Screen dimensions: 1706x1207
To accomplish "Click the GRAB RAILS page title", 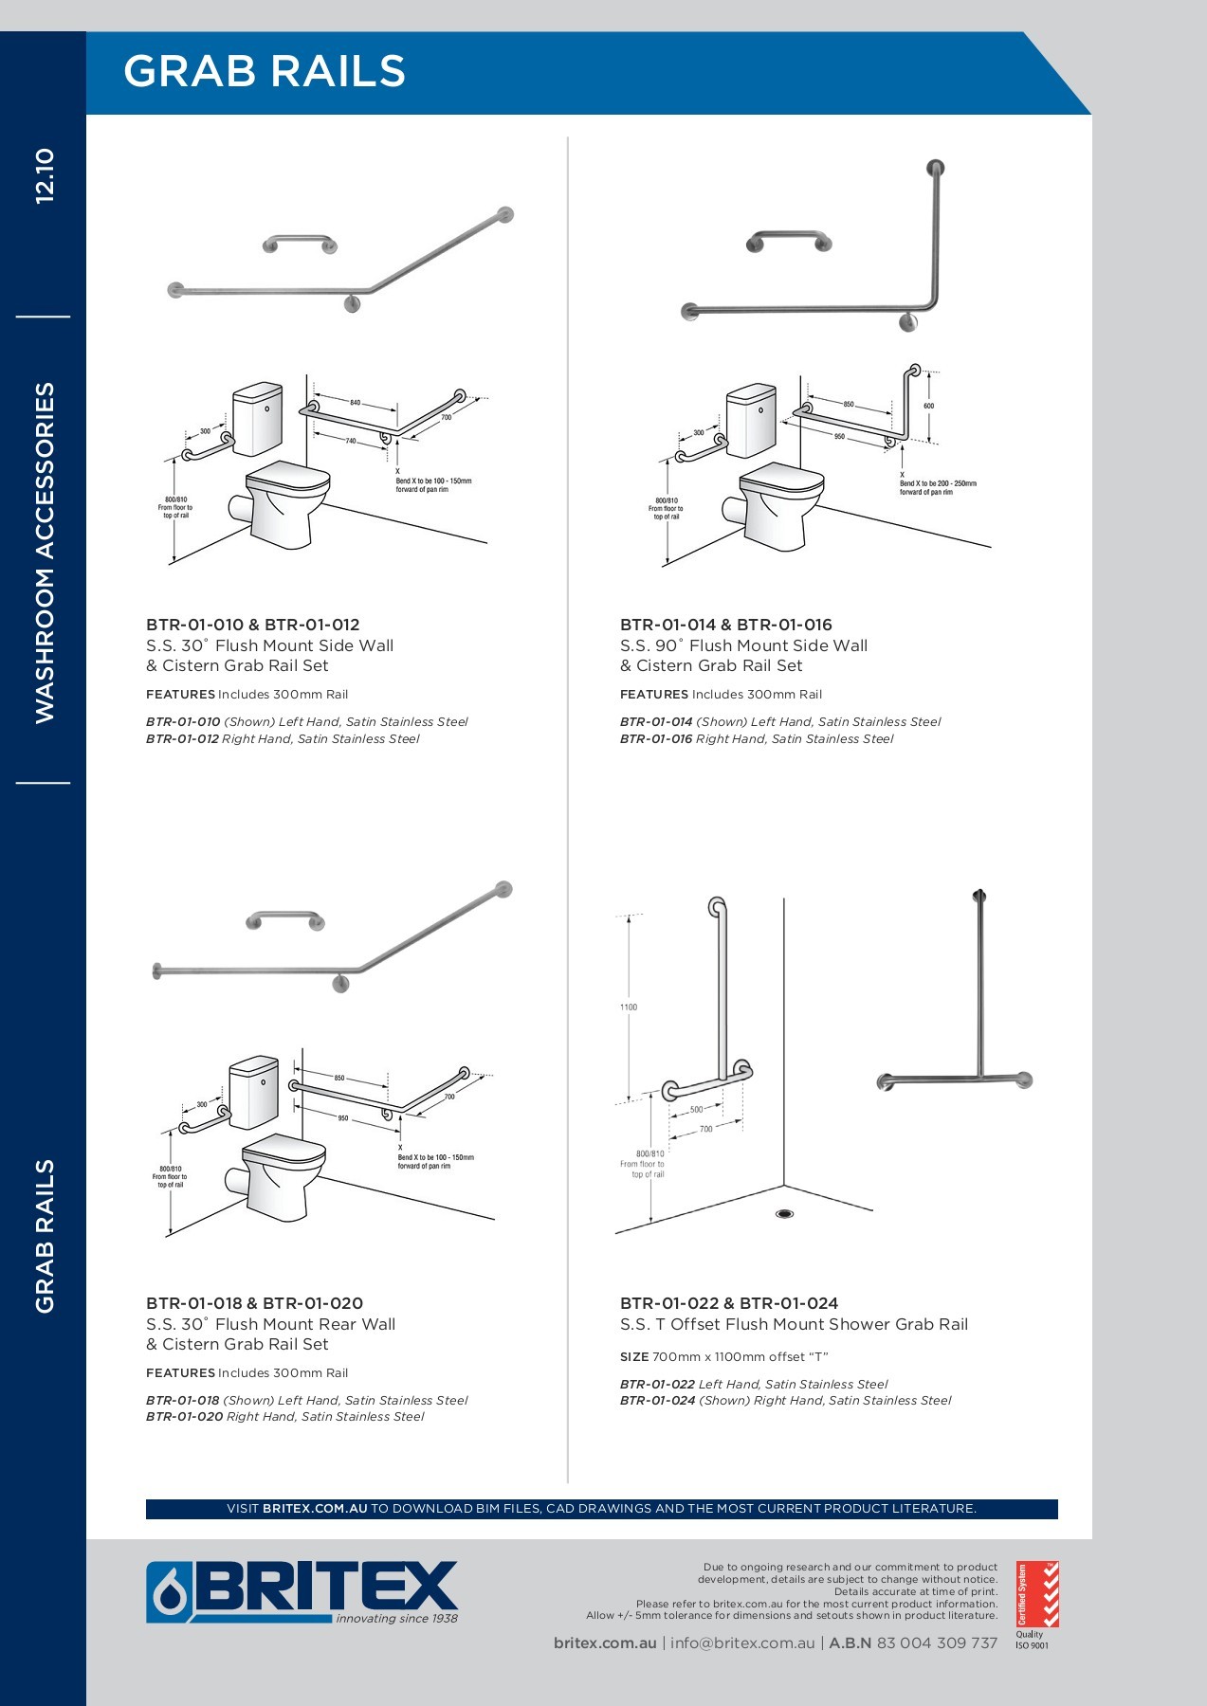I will (x=265, y=72).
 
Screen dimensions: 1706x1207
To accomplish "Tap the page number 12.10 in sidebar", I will (x=45, y=175).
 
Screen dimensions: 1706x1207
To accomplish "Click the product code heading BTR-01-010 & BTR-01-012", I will (x=252, y=625).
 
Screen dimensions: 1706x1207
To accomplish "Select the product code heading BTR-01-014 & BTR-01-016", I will (x=725, y=625).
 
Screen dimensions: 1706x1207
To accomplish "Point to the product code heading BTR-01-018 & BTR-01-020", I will (x=254, y=1303).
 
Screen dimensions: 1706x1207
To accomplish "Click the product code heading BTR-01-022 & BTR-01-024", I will (x=728, y=1303).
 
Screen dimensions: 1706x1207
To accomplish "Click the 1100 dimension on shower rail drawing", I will (x=629, y=1007).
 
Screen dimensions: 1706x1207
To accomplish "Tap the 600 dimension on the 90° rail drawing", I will (x=928, y=406).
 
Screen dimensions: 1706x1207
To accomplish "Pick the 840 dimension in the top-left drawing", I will (x=355, y=403).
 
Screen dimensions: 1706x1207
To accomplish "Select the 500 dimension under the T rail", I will (x=697, y=1109).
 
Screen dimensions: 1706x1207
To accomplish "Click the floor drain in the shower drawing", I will (x=784, y=1214).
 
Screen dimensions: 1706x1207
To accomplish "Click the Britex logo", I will (x=302, y=1592).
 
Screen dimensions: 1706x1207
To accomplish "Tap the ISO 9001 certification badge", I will (x=1036, y=1601).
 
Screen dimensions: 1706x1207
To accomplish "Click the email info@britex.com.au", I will (x=742, y=1643).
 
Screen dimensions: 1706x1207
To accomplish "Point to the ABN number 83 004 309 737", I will (x=937, y=1643).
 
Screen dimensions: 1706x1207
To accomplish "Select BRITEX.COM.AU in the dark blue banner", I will (x=315, y=1509).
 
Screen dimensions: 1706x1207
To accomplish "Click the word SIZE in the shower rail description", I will (x=634, y=1357).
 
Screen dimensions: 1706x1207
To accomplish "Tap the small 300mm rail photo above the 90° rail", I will (x=789, y=240).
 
